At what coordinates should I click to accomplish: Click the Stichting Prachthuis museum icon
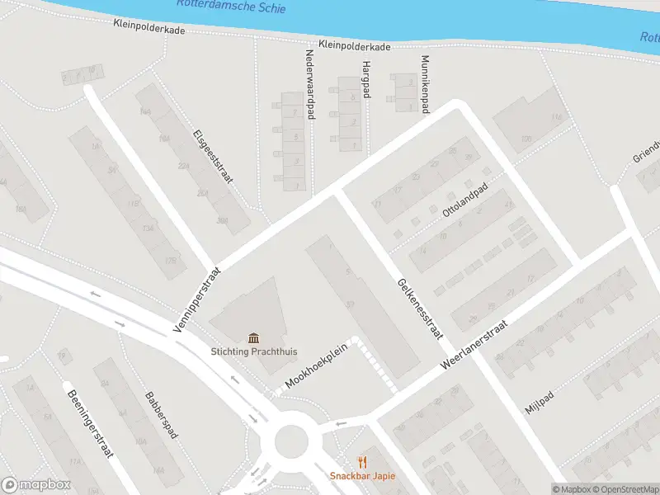tap(254, 337)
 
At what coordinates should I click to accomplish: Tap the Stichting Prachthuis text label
tap(254, 351)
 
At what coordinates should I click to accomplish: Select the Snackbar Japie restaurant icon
tap(361, 463)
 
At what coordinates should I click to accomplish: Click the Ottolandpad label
tap(466, 200)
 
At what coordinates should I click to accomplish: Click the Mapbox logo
tap(35, 485)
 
